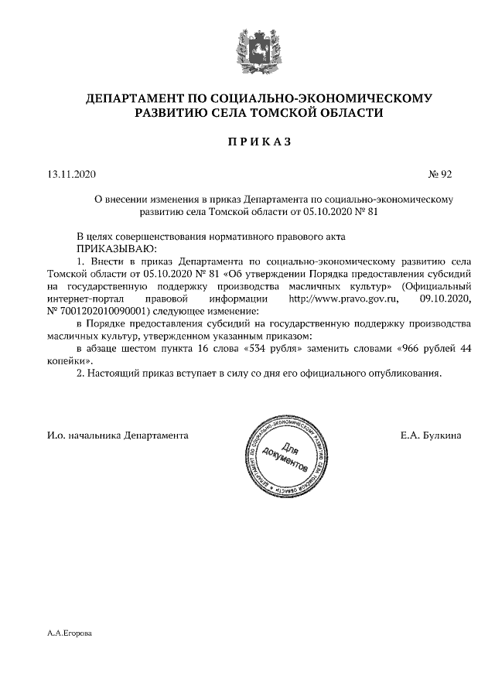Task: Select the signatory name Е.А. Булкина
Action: [431, 435]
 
